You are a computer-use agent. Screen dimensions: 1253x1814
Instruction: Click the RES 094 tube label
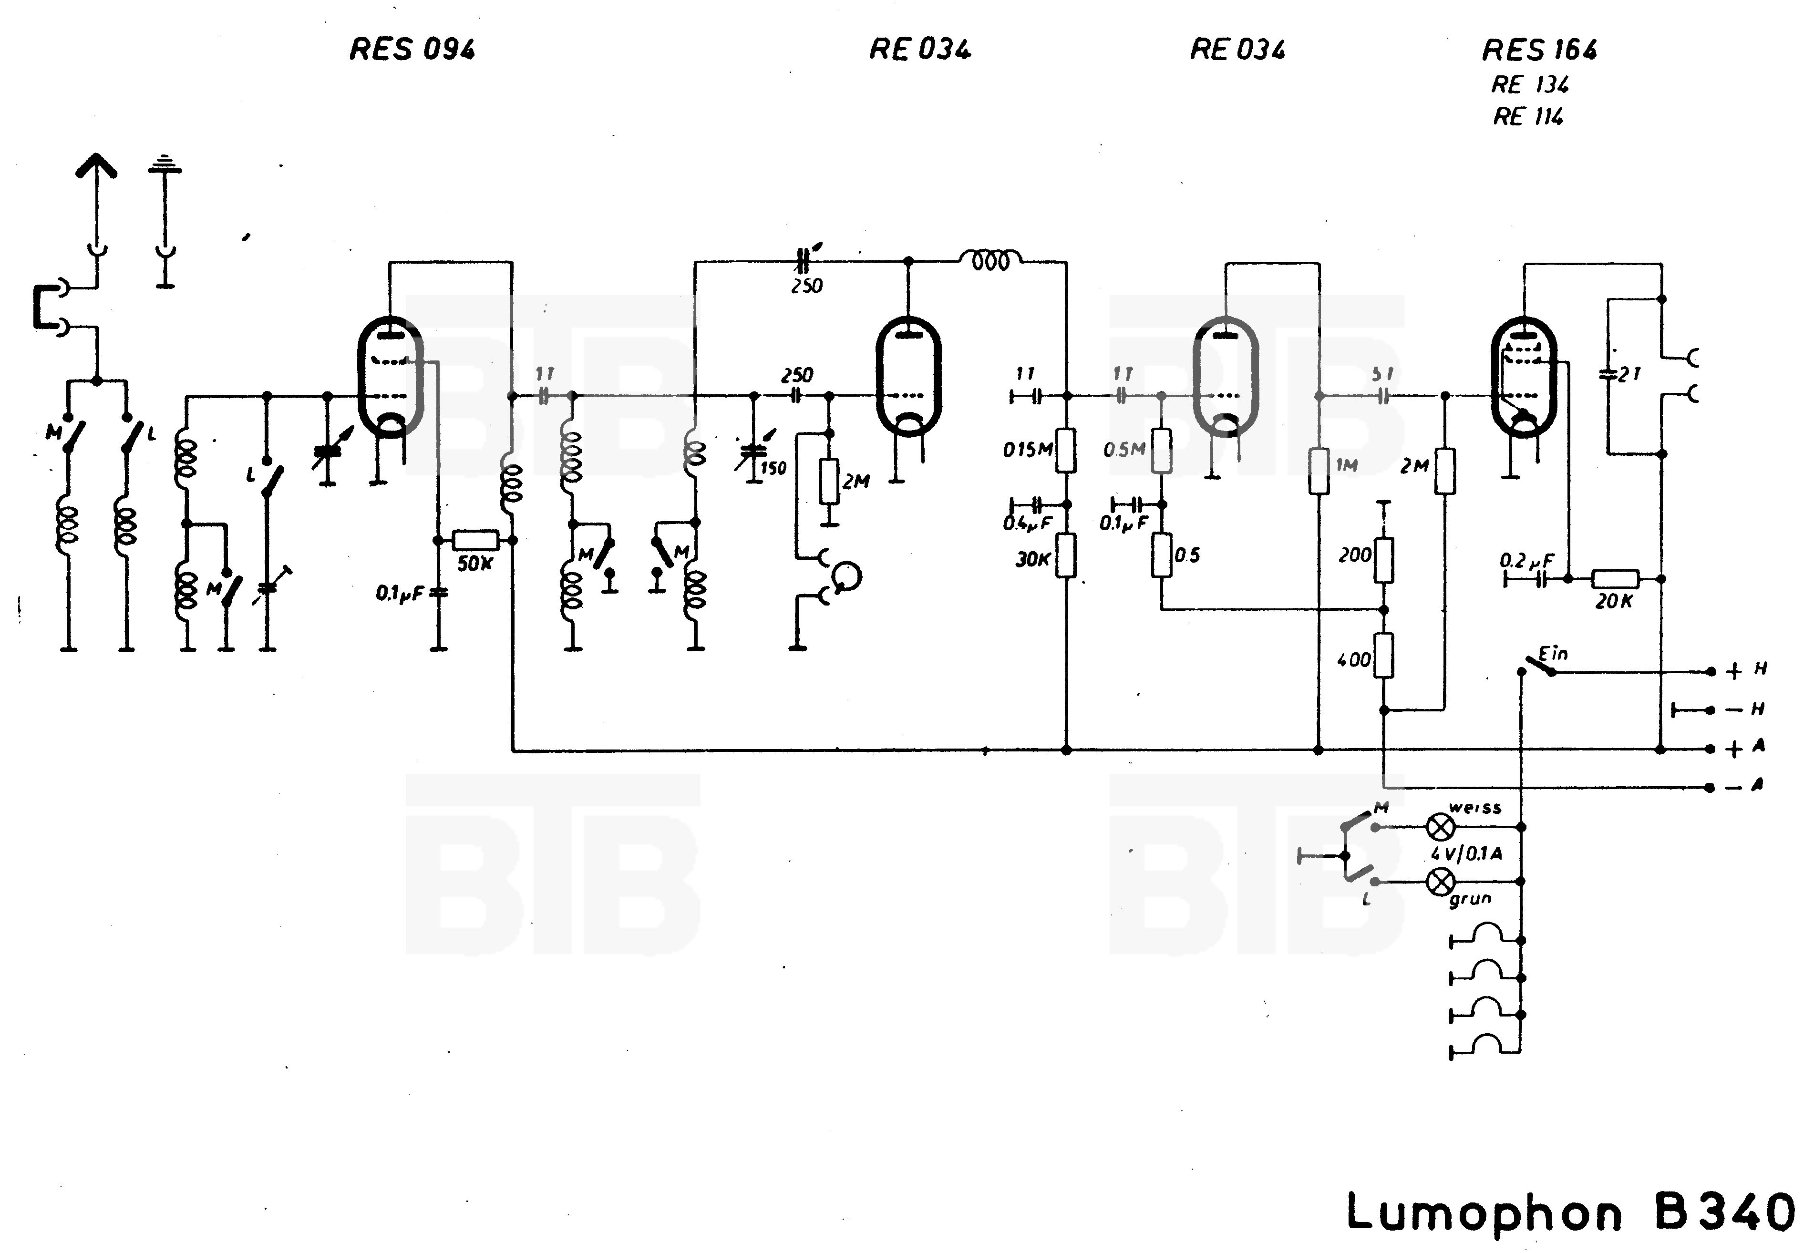pos(412,50)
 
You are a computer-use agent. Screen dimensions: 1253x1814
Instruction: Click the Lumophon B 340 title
pos(1571,1212)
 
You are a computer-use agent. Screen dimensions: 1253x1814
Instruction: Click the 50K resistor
pos(475,540)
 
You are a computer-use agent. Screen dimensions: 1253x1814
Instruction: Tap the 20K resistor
pos(1615,579)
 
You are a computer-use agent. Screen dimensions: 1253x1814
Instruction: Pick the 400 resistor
pos(1384,656)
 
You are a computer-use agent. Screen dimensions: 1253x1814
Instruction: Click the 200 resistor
pos(1384,559)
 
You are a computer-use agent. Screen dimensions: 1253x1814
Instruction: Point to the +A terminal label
pos(1745,748)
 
